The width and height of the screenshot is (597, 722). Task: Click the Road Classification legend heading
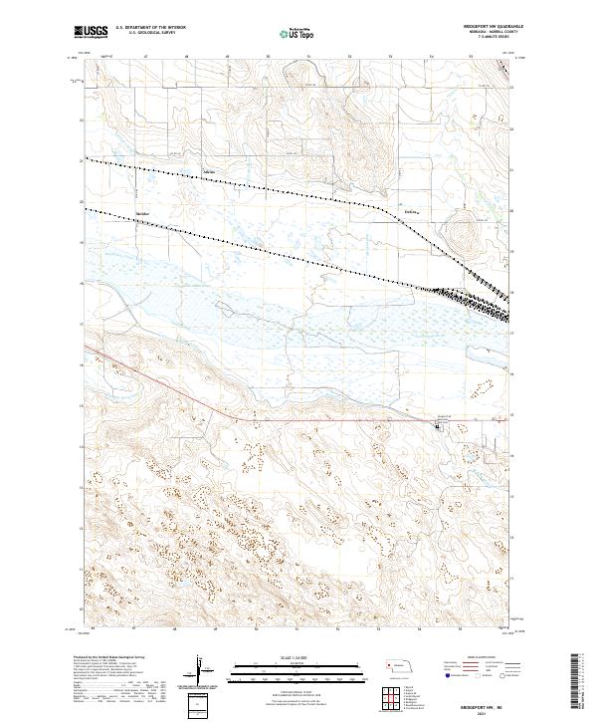pyautogui.click(x=482, y=659)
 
